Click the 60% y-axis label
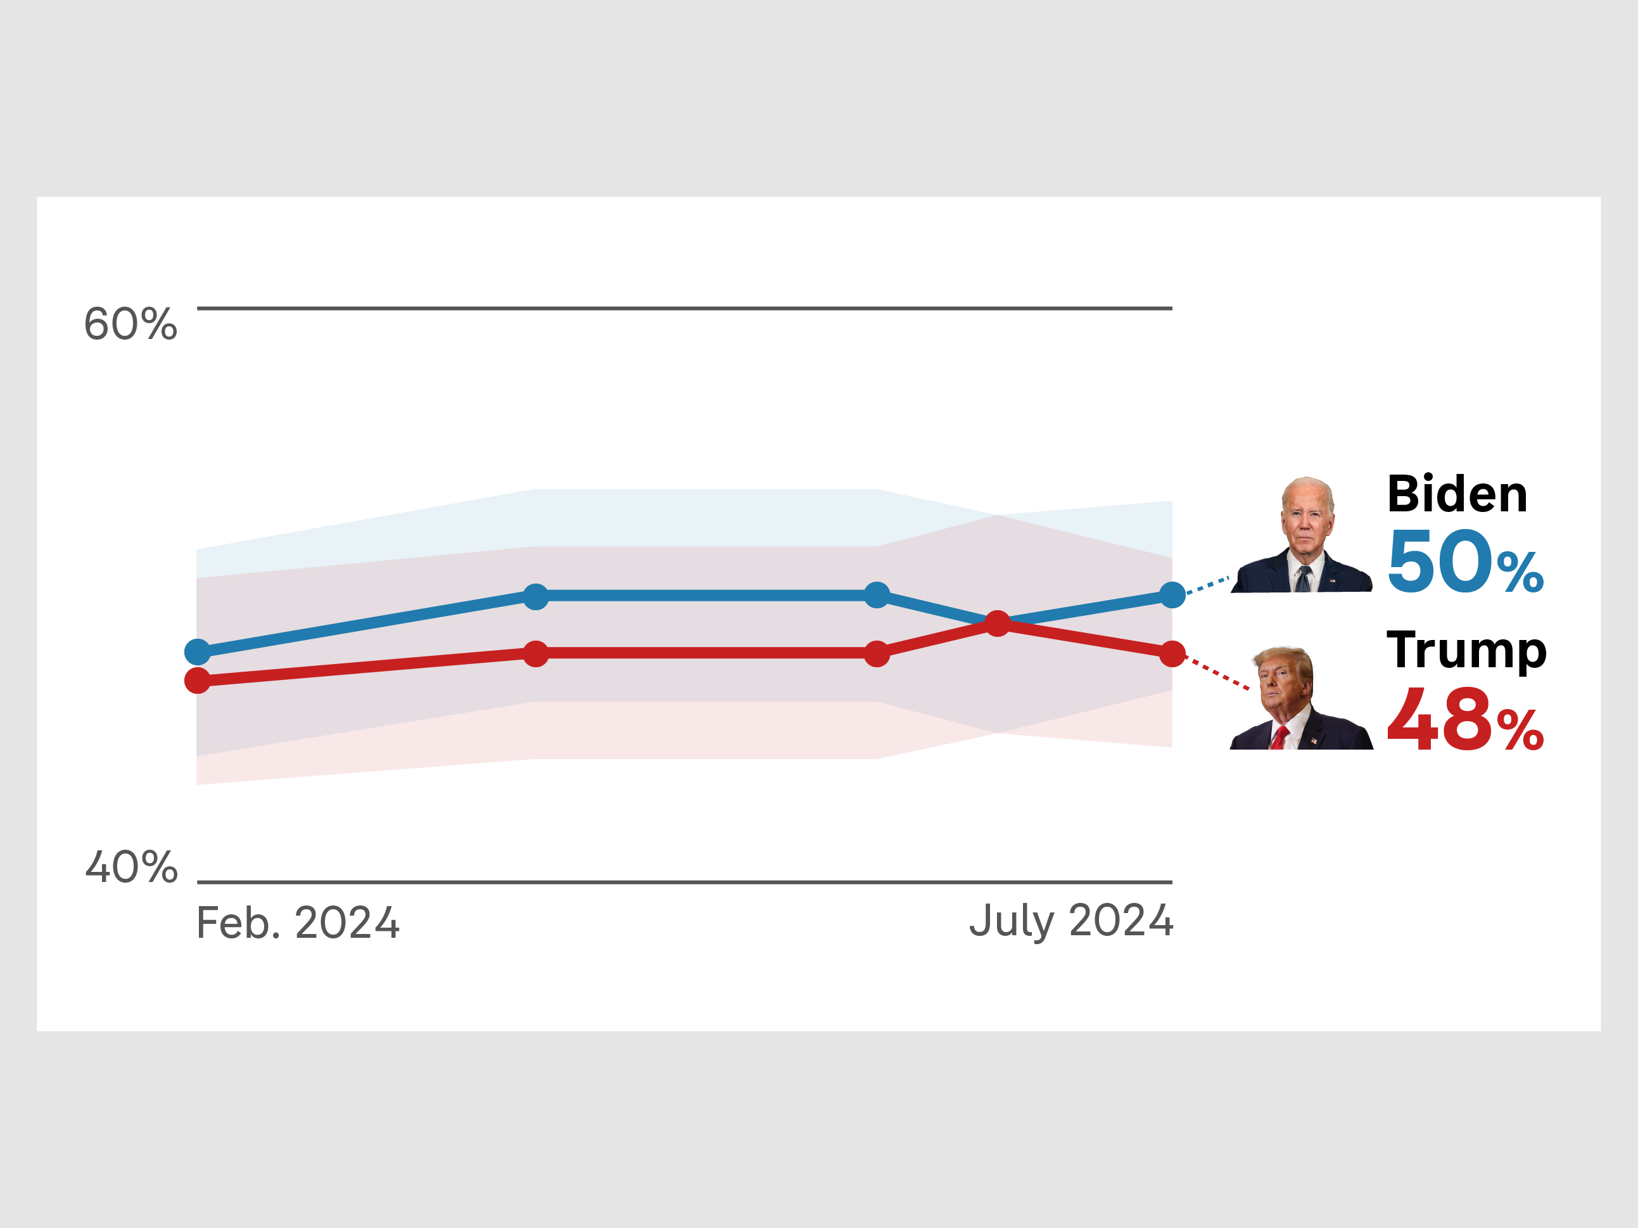[130, 324]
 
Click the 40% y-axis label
[132, 867]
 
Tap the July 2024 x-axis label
[1070, 921]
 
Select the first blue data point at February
[198, 652]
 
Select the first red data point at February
[198, 680]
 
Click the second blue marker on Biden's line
[535, 596]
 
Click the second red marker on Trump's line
[535, 654]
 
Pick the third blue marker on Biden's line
[877, 595]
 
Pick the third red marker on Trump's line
[877, 654]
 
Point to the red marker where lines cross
[998, 624]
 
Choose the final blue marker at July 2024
[1172, 595]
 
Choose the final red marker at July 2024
[1172, 654]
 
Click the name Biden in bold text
[1457, 494]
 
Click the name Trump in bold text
[1467, 650]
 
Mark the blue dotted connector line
[1207, 585]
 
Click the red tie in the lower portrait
[1279, 738]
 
